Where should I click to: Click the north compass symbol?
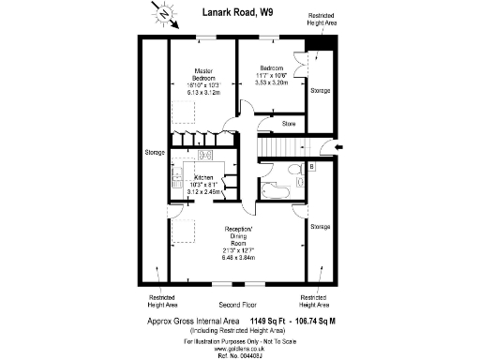(x=163, y=14)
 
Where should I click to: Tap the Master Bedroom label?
(x=202, y=75)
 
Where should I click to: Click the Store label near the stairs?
(x=290, y=123)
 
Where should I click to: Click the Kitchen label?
(x=203, y=178)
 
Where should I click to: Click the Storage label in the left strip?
(x=154, y=152)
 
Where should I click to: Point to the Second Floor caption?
(x=237, y=306)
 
